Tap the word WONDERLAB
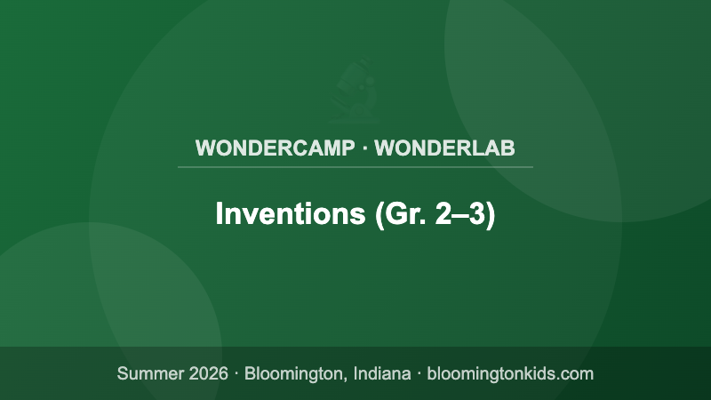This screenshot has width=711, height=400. pos(445,148)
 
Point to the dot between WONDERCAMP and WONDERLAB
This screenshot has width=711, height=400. pos(364,148)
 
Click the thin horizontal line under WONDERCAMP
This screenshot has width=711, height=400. pos(355,166)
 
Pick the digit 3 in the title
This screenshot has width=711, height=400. pos(475,214)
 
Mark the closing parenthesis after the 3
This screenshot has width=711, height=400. pos(490,215)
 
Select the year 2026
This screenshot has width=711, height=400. pos(208,373)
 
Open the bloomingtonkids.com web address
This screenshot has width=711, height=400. pos(510,373)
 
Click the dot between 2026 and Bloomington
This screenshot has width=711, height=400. pos(236,373)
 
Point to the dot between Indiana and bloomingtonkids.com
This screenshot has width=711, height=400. pos(419,373)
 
